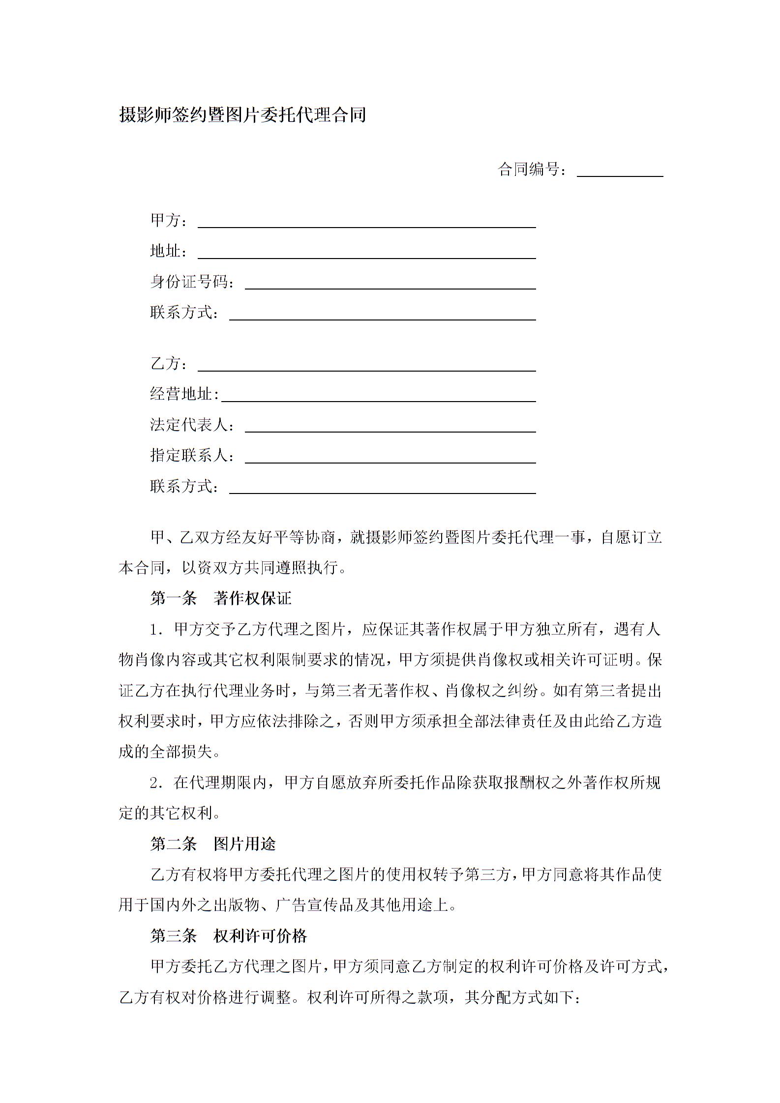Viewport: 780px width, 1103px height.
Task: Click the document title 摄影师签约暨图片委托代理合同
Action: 242,115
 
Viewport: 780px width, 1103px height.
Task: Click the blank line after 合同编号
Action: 620,172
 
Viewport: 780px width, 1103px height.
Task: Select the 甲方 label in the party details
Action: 166,221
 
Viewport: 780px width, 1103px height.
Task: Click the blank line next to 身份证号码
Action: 390,285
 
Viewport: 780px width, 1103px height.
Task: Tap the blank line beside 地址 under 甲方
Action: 366,255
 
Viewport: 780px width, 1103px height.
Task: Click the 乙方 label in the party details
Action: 166,364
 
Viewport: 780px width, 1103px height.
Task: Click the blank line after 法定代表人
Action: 390,428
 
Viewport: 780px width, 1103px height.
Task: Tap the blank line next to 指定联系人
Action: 390,459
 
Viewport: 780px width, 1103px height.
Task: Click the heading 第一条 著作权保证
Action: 221,598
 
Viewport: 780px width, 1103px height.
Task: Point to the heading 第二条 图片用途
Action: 213,844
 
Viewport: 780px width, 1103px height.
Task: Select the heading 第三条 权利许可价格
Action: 229,936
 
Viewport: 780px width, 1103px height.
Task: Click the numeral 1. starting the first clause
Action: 156,630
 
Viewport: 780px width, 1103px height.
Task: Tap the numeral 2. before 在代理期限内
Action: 156,783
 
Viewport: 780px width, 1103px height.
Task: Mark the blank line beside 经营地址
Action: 378,398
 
